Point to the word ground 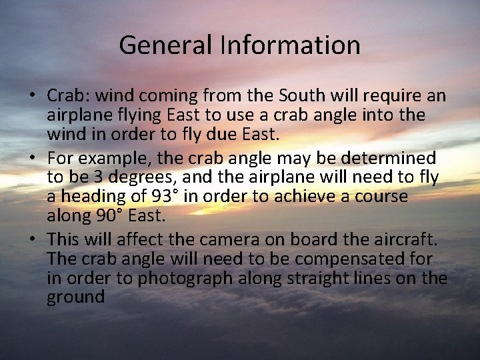coord(76,297)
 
